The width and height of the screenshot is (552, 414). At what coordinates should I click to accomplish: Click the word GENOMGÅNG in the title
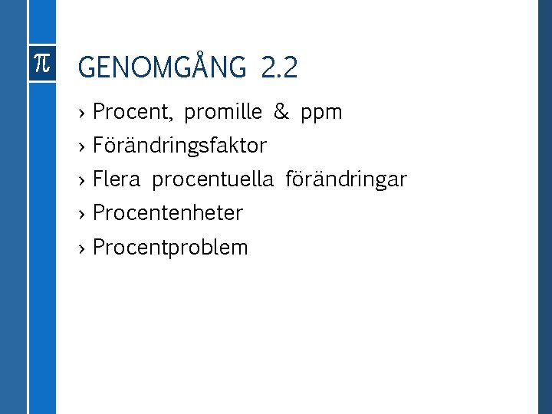point(163,69)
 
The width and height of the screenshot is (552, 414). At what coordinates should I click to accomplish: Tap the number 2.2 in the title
point(279,69)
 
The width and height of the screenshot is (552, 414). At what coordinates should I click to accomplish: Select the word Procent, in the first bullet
point(133,113)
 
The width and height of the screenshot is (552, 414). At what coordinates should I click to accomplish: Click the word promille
point(223,113)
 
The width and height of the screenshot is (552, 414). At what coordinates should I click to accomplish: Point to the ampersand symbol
point(281,113)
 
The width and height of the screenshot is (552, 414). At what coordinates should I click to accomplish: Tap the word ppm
point(322,113)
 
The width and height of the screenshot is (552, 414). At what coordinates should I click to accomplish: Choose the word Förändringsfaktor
point(179,146)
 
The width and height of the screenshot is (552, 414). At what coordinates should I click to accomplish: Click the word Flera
point(117,180)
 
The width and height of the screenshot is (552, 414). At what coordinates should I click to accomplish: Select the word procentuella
point(212,180)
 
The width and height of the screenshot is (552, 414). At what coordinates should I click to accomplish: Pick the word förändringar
point(346,180)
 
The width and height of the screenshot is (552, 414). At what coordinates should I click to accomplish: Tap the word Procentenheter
point(167,213)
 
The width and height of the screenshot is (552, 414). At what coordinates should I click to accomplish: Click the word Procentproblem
point(170,248)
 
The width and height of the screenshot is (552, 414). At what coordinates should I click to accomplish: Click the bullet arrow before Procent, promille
point(82,113)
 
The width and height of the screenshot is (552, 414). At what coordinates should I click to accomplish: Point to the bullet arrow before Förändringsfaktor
point(82,146)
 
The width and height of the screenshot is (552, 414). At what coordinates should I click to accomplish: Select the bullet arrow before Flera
point(82,180)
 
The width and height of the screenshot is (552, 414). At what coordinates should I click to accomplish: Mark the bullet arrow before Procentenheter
point(82,214)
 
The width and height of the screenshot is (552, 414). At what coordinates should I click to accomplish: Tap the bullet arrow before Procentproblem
point(82,248)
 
